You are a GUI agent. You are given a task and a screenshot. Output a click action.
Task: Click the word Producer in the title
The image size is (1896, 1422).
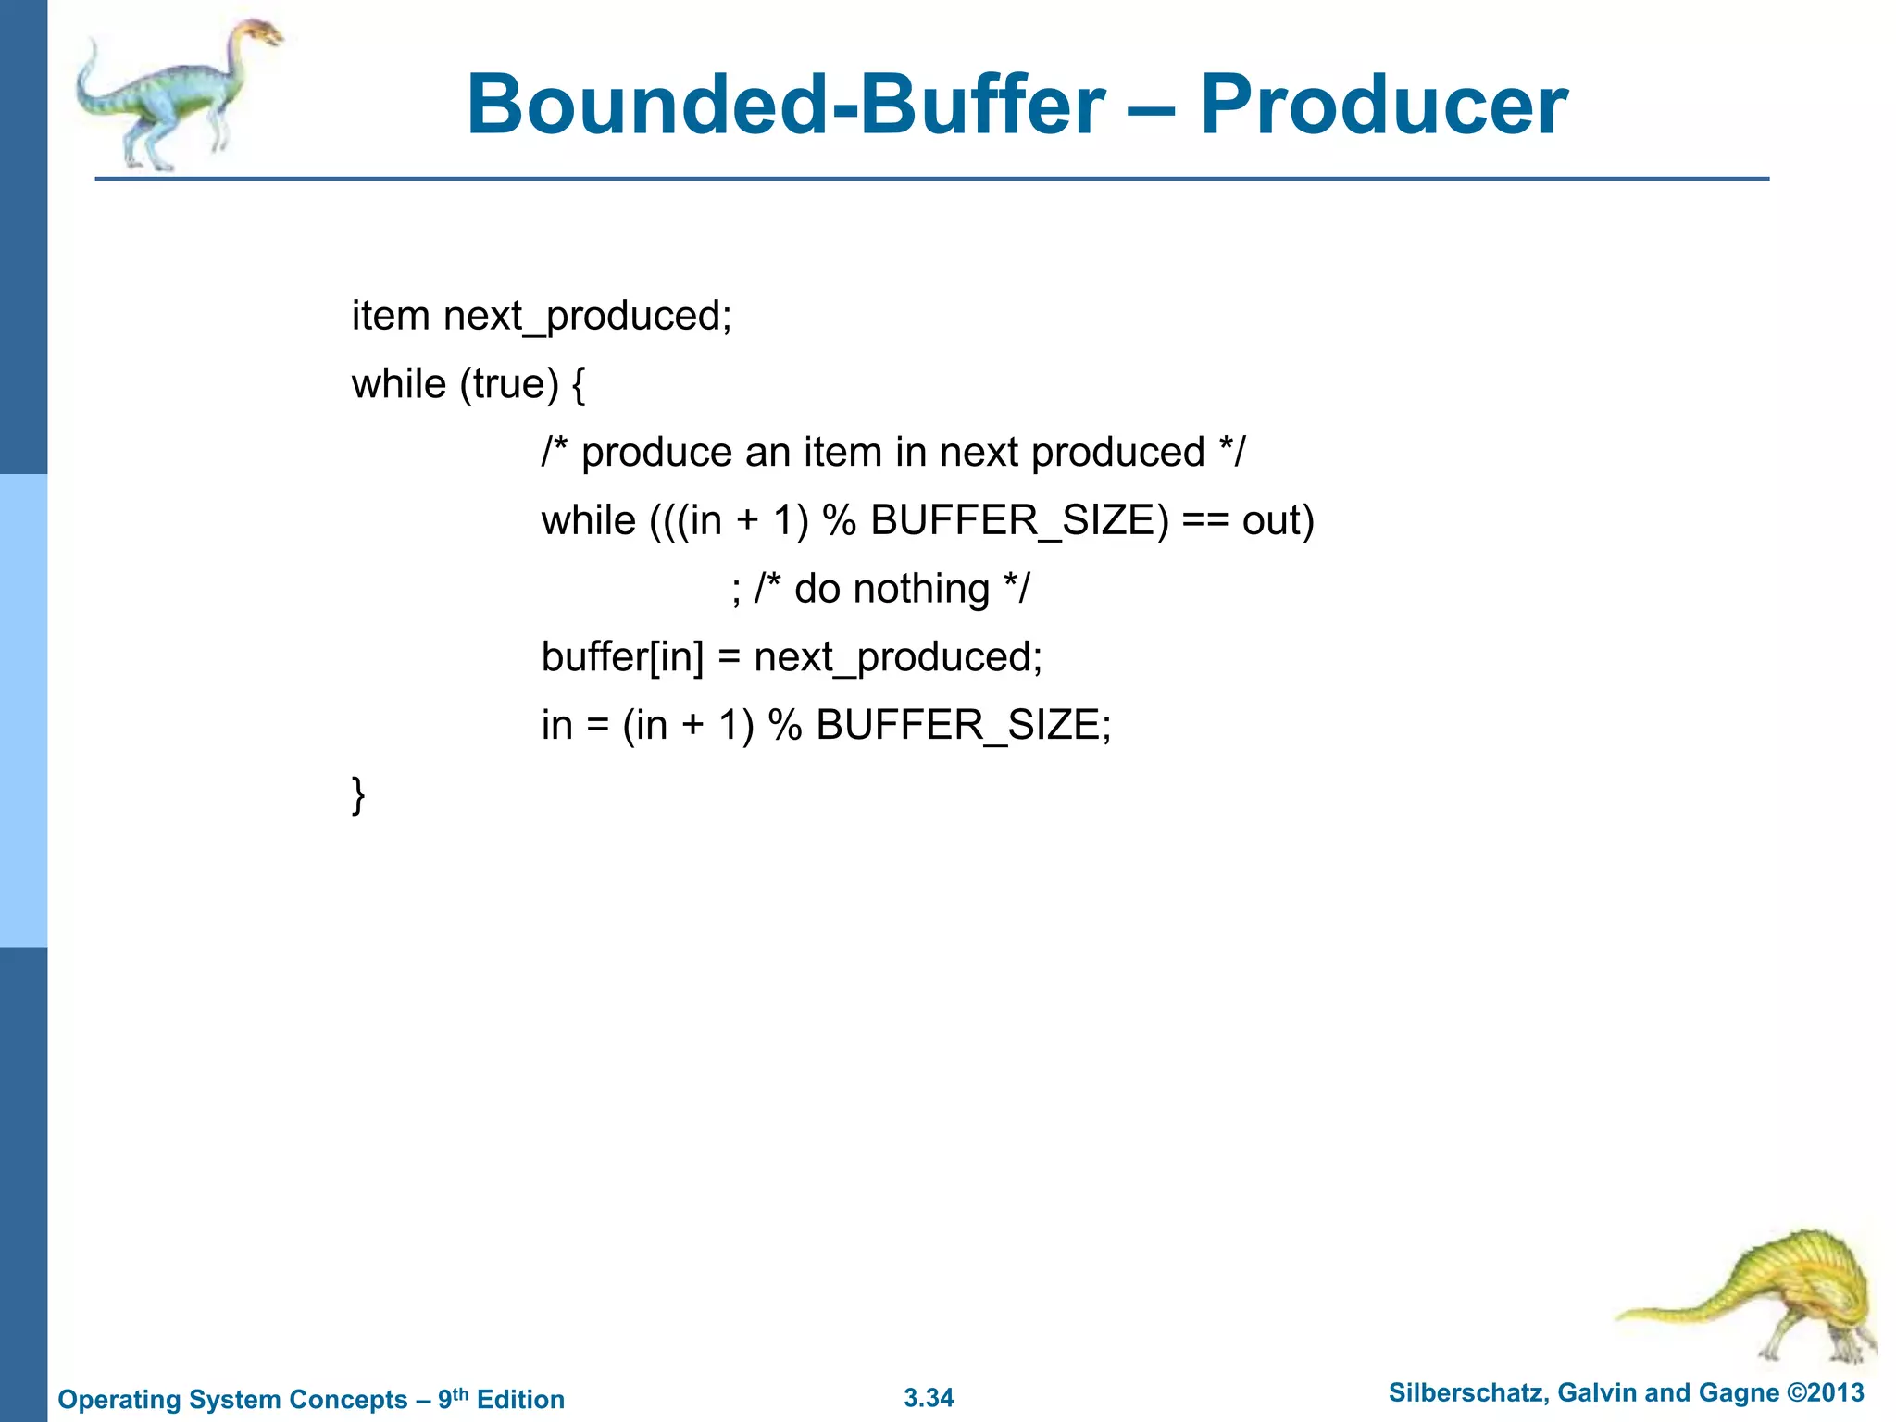tap(1383, 106)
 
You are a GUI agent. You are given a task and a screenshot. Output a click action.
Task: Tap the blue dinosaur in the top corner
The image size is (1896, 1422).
tap(176, 93)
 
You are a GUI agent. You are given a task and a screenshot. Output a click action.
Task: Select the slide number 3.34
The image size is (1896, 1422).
tap(929, 1398)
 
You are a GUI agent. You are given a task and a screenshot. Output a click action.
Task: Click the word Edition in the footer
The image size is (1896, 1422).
tap(520, 1399)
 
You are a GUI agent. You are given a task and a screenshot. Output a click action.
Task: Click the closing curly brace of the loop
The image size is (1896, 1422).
tap(358, 795)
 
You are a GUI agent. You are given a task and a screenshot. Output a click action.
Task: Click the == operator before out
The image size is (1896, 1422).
tap(1205, 521)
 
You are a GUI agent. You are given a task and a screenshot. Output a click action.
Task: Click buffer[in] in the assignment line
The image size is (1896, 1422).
tap(622, 658)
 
